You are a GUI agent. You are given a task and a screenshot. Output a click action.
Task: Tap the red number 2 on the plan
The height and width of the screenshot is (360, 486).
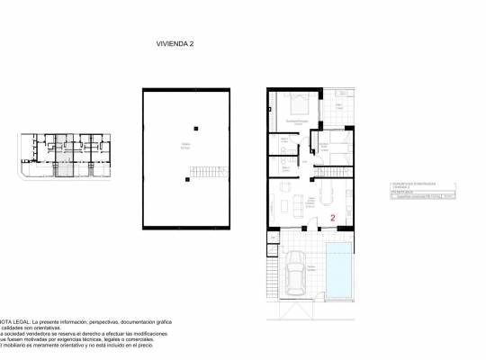coord(333,218)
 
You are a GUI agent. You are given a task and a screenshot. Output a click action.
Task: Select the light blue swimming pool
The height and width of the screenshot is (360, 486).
coord(339,273)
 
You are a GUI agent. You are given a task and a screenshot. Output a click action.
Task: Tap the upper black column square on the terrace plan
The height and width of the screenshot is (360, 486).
coord(188,126)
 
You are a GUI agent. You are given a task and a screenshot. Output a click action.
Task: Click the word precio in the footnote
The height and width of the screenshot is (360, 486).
coord(155,345)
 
